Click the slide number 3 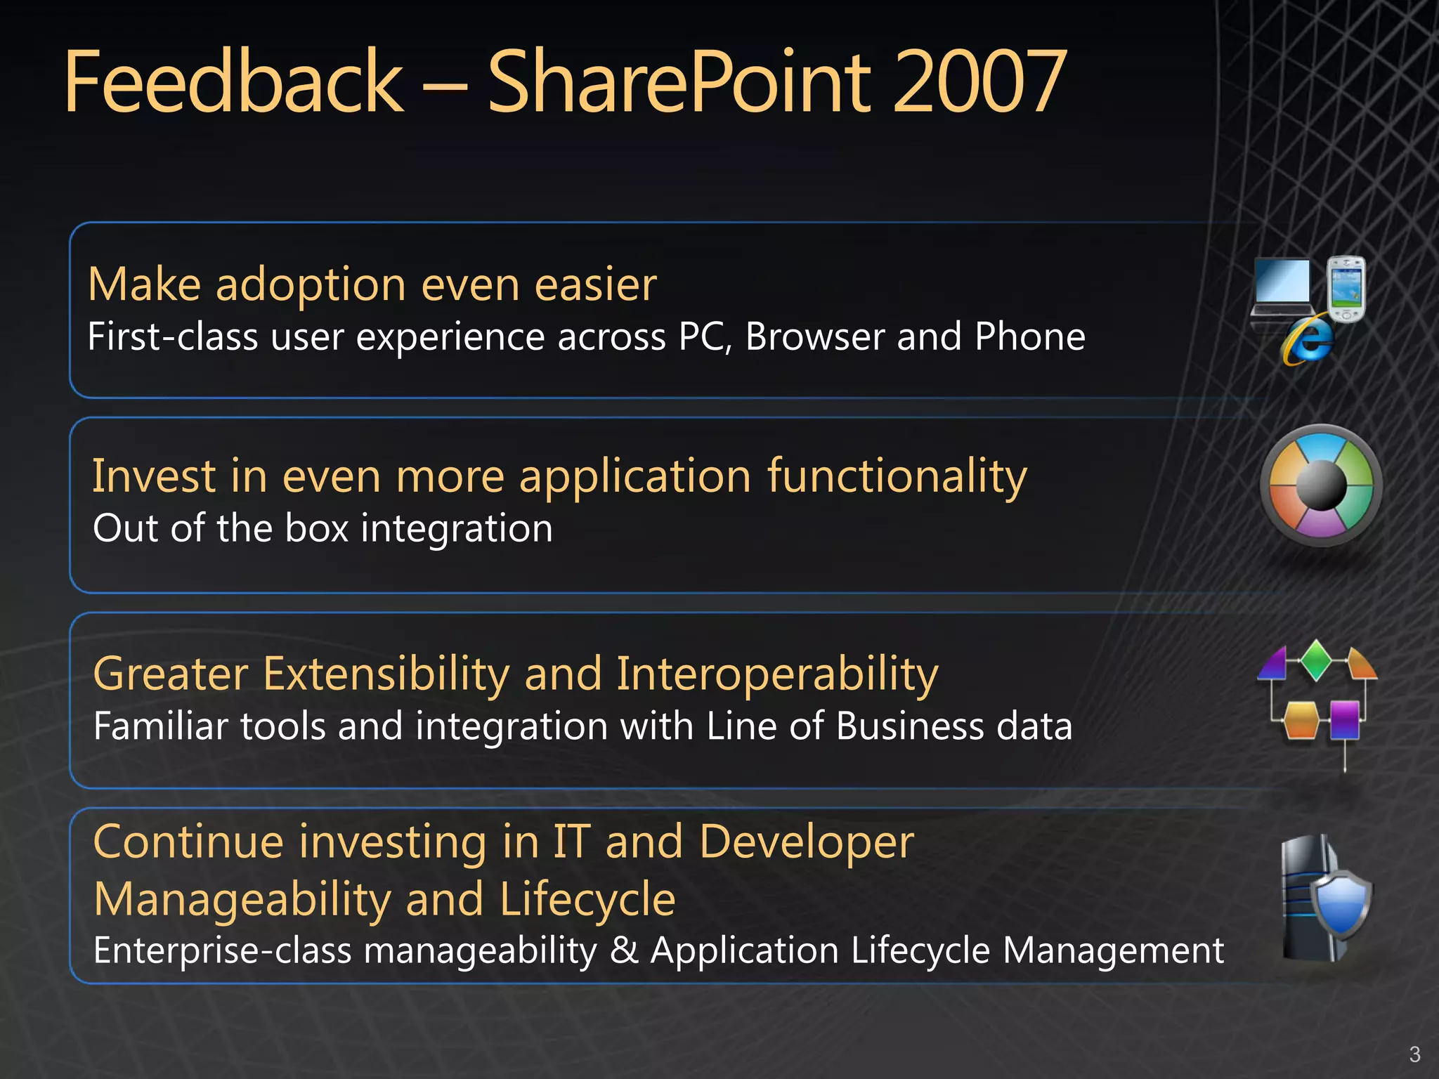pyautogui.click(x=1414, y=1054)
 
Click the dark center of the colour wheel pyautogui.click(x=1321, y=485)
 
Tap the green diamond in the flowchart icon pyautogui.click(x=1316, y=660)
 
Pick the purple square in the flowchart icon pyautogui.click(x=1344, y=720)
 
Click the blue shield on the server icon pyautogui.click(x=1342, y=903)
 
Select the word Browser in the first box pyautogui.click(x=814, y=336)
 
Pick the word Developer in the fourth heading pyautogui.click(x=807, y=842)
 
